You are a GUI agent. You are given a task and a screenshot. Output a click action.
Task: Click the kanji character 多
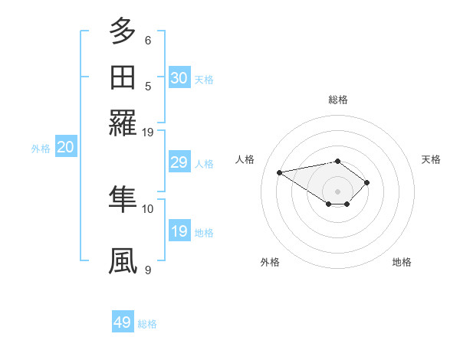pos(123,32)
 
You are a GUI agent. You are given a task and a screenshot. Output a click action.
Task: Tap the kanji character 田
pos(123,78)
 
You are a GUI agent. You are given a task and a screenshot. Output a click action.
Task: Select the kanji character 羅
pos(123,123)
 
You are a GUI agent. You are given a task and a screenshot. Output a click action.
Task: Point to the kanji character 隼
pos(123,199)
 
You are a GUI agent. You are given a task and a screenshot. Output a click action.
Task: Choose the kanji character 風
pos(123,261)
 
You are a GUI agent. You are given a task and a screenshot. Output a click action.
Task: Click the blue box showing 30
pos(179,78)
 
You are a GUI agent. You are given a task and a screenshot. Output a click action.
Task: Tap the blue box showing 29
pos(179,162)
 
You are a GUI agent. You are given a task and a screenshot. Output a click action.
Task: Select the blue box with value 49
pos(123,322)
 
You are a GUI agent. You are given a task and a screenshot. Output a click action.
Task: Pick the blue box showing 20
pos(65,148)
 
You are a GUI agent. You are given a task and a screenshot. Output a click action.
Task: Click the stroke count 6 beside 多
pos(148,41)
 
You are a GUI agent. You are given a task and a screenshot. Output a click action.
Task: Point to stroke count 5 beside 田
pos(148,87)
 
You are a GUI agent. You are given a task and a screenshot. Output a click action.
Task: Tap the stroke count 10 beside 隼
pos(148,208)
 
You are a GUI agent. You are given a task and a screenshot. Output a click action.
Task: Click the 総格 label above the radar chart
pos(338,100)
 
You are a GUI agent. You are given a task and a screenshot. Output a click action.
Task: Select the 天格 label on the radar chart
pos(431,159)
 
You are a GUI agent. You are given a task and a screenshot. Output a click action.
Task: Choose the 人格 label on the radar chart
pos(245,159)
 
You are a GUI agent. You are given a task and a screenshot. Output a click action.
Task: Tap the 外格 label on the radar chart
pos(269,262)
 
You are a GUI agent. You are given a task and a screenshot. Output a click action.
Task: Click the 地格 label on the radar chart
pos(402,262)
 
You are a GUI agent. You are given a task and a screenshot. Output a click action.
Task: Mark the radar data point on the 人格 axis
pos(280,172)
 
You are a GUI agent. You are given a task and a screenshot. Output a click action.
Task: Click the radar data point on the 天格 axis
pos(368,182)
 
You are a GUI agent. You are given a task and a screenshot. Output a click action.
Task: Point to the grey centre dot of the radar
pos(338,191)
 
